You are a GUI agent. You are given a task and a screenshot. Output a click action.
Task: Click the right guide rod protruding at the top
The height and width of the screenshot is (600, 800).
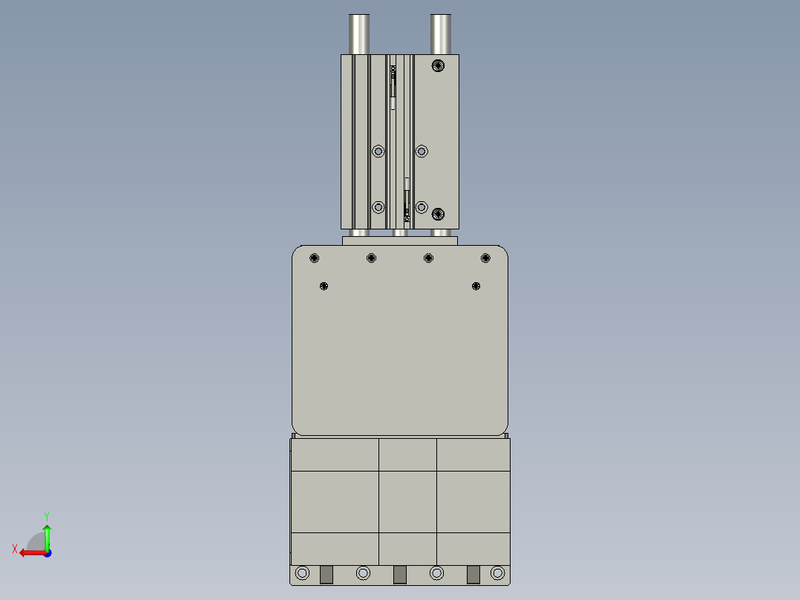point(442,34)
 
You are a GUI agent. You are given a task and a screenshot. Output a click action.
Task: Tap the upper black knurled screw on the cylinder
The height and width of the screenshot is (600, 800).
point(438,65)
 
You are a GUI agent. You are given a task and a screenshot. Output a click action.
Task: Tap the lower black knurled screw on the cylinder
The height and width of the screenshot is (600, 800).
point(438,215)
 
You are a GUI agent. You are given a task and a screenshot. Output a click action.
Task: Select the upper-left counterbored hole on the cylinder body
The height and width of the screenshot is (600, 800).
point(378,151)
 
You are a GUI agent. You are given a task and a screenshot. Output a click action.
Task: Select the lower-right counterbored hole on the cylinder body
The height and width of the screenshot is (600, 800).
point(422,207)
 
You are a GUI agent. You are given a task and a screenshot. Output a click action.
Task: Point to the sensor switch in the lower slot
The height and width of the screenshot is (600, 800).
point(407,200)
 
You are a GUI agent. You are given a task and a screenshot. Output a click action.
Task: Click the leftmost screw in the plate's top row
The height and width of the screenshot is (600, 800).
point(315,258)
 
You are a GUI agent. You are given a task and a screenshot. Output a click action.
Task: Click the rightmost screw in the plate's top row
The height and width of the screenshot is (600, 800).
point(485,258)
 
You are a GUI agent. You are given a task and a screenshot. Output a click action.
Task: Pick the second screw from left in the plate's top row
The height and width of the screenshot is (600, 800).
point(371,258)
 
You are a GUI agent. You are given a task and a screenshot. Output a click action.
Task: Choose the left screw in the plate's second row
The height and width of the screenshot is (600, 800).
point(324,286)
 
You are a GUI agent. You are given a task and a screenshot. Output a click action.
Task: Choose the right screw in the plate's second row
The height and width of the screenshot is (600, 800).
point(476,286)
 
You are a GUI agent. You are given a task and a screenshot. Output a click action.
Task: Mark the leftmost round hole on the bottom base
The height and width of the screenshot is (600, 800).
point(302,573)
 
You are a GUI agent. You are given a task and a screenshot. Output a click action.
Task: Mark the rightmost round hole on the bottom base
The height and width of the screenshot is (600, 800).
point(498,573)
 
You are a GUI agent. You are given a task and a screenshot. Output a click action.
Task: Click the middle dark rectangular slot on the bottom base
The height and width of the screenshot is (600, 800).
point(400,575)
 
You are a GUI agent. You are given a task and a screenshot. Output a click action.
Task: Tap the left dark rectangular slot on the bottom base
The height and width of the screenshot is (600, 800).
point(326,575)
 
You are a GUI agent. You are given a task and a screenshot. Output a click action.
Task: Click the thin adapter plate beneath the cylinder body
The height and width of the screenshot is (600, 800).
point(400,241)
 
